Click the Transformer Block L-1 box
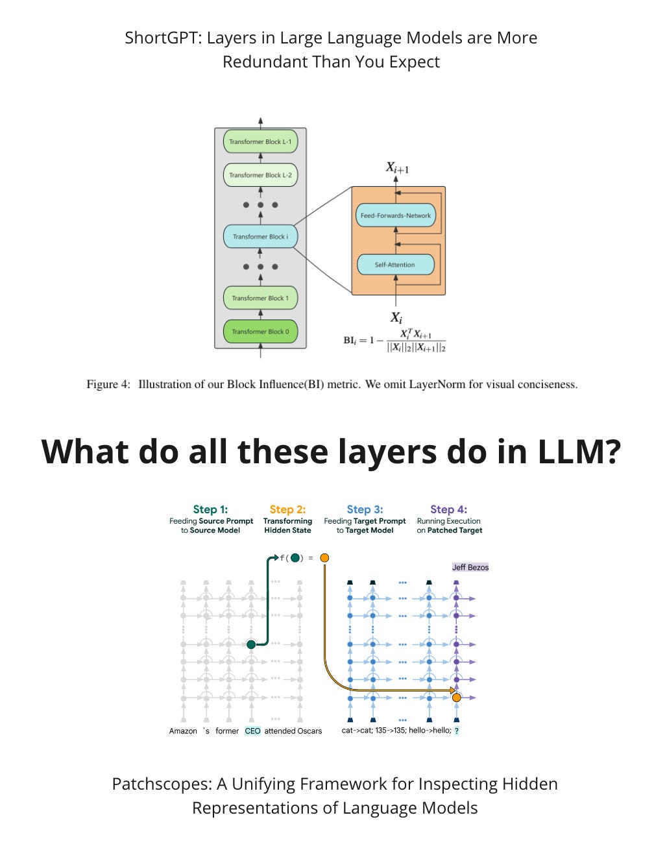[x=260, y=141]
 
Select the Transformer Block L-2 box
[x=260, y=175]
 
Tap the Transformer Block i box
[x=260, y=237]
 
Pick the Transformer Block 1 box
[x=260, y=298]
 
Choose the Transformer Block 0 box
[x=260, y=332]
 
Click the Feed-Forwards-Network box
[x=396, y=215]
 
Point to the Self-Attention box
[x=395, y=265]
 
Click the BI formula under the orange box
[x=394, y=340]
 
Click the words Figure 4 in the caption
[x=108, y=384]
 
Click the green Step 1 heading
[x=210, y=509]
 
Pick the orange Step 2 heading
[x=287, y=509]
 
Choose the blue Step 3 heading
[x=365, y=509]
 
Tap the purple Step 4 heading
[x=448, y=509]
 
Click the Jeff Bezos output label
[x=470, y=567]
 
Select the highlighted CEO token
[x=252, y=731]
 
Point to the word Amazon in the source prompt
[x=183, y=731]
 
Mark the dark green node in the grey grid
[x=251, y=644]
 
